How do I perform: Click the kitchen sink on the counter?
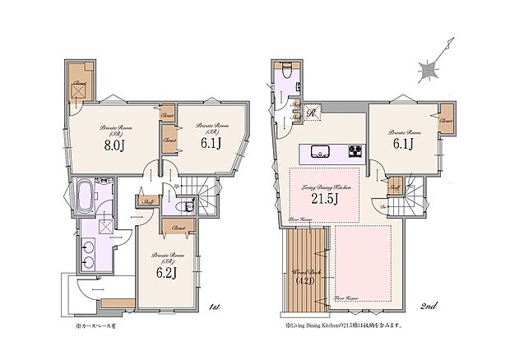point(318,150)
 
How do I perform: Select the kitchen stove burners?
point(355,150)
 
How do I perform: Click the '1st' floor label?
point(214,307)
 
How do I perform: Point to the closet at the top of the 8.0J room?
point(80,85)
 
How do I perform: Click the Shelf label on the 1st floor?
point(149,201)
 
